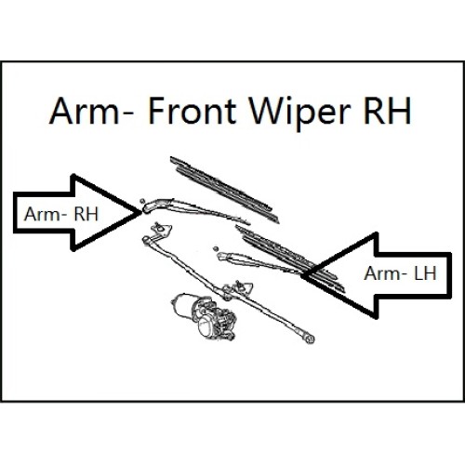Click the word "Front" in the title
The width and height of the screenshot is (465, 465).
(x=193, y=111)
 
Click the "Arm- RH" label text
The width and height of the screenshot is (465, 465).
(x=61, y=214)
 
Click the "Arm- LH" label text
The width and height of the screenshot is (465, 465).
(x=400, y=273)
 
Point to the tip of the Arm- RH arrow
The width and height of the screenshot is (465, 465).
(x=141, y=212)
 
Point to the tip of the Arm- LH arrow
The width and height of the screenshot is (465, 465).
(x=301, y=274)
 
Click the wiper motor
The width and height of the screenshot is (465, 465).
(x=204, y=316)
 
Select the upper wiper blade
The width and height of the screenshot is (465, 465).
(x=225, y=190)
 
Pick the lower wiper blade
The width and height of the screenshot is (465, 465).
(x=290, y=259)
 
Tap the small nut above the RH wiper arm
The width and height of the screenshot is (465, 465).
(x=142, y=201)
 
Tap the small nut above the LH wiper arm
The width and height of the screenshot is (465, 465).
(x=216, y=248)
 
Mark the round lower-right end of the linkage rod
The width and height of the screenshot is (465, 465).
(x=309, y=339)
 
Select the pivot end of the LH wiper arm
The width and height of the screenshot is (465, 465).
(x=224, y=257)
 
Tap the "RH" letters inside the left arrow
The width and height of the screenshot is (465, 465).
(x=86, y=214)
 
